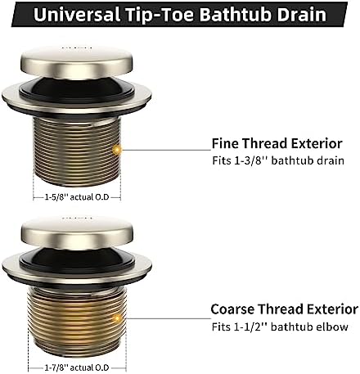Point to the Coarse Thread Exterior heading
[x=284, y=309]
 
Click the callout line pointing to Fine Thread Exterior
[x=164, y=148]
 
